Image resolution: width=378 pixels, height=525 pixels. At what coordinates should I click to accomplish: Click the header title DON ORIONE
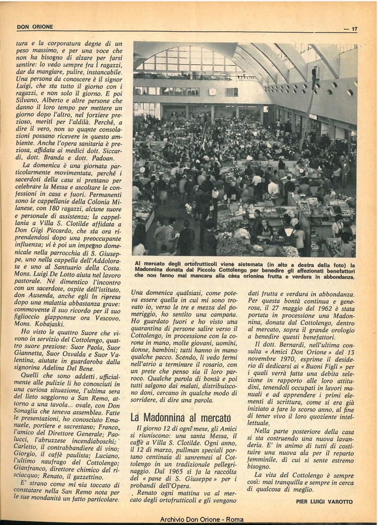coord(35,27)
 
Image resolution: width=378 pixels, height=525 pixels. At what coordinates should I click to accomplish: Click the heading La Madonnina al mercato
coord(180,418)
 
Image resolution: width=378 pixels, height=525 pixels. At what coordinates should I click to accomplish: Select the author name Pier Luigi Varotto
coord(325,501)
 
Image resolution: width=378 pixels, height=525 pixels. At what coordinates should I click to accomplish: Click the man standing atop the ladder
coord(314,76)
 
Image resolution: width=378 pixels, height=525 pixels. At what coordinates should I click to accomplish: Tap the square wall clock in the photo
coord(212,92)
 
